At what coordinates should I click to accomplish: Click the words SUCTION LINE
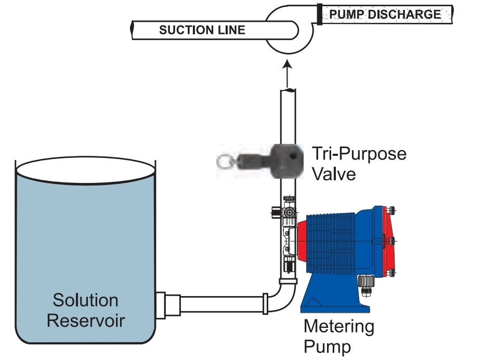(202, 30)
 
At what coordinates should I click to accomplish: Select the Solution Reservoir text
(86, 310)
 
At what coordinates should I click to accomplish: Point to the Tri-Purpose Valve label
(359, 163)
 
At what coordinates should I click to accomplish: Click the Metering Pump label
(339, 336)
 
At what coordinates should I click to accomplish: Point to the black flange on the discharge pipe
(318, 14)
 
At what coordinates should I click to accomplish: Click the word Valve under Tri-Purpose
(333, 173)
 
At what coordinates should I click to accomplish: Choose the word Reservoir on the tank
(86, 320)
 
